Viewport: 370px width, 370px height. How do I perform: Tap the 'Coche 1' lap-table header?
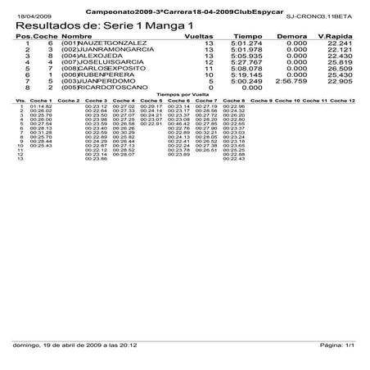[41, 100]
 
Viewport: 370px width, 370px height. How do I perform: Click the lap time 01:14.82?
[41, 106]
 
